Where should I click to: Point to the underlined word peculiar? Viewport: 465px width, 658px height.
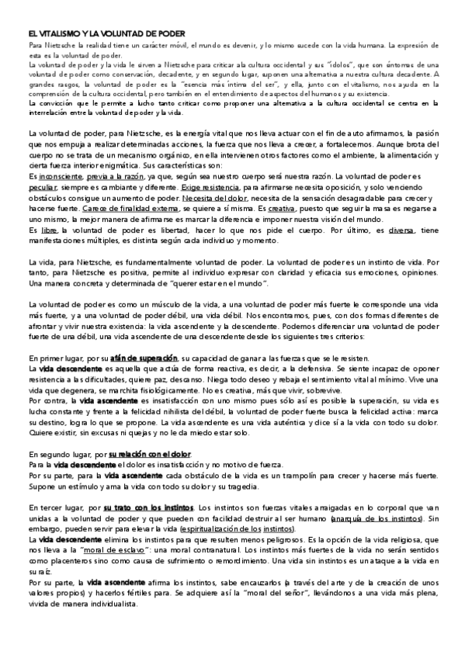[41, 188]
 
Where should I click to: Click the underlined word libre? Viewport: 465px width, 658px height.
[49, 231]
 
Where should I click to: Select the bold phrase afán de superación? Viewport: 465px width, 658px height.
[144, 358]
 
